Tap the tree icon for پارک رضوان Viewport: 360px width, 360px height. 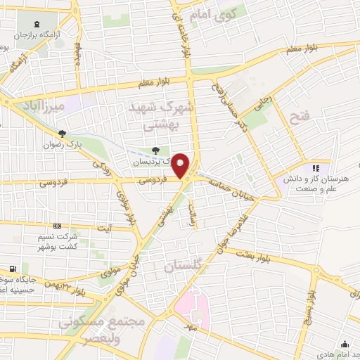coord(63,134)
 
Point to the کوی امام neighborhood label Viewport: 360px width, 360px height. coord(215,13)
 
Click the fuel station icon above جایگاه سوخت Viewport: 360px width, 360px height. coord(12,269)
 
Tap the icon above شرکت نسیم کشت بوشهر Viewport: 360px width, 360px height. coord(57,226)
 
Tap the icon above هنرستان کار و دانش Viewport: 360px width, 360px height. coord(316,168)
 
